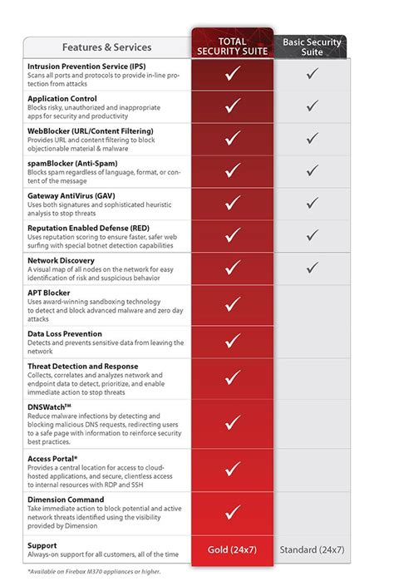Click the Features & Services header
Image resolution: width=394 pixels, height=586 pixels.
click(x=106, y=47)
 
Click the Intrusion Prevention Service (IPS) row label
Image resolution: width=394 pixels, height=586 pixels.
click(x=86, y=65)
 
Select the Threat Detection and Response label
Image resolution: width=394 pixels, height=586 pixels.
click(x=83, y=366)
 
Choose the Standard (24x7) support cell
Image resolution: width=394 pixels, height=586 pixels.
click(x=312, y=549)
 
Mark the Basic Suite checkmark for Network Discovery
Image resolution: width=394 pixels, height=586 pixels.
click(x=312, y=268)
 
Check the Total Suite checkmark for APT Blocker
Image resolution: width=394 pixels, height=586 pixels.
click(x=233, y=303)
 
